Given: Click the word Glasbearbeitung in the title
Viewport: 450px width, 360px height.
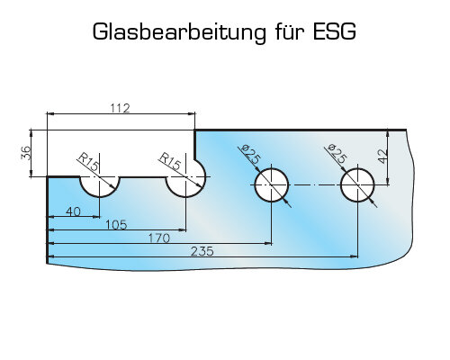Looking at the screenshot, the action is click(179, 32).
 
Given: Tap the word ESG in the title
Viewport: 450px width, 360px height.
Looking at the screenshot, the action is click(335, 31).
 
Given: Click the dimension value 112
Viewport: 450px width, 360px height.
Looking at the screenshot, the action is click(120, 108).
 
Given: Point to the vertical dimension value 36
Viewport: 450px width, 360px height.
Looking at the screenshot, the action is click(26, 153).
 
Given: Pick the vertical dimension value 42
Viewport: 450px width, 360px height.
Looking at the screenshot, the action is click(382, 157).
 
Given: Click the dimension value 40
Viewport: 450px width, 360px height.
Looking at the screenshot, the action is click(73, 211).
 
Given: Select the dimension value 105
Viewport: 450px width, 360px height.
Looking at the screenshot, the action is click(116, 225).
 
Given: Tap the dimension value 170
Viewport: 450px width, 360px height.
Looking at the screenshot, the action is click(159, 238).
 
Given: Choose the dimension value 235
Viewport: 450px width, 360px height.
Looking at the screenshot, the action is click(202, 251).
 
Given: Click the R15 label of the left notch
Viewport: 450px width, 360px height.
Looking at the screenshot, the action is click(88, 162).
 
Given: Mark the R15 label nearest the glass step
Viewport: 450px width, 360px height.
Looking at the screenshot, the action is click(170, 161).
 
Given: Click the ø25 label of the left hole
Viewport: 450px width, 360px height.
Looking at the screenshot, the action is click(250, 154).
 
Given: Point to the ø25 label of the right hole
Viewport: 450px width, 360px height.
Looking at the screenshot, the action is click(337, 154).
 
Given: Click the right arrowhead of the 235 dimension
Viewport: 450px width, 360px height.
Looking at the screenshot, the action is click(354, 256).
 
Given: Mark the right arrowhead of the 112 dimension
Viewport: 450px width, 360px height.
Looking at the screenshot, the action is click(192, 113).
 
